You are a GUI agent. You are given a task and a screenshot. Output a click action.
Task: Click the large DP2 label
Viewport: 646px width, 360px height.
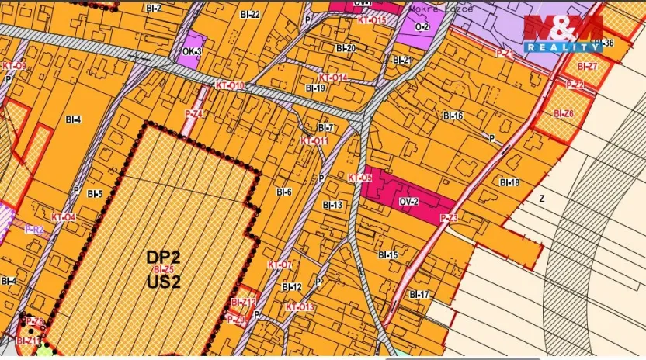pos(162,256)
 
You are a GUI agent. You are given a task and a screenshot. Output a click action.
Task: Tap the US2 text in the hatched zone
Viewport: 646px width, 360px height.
pos(163,282)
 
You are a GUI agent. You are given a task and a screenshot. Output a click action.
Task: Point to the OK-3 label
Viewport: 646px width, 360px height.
pos(192,52)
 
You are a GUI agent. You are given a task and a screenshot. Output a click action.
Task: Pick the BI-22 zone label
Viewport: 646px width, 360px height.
pos(250,14)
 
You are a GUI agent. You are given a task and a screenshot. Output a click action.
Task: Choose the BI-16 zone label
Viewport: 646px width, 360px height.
pos(453,116)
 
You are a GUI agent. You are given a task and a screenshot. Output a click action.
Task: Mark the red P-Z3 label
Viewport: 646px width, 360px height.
pos(448,218)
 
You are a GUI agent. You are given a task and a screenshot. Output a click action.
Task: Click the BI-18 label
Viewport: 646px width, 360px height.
pos(509,182)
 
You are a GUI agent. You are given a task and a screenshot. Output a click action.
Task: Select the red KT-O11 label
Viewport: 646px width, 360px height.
pos(314,141)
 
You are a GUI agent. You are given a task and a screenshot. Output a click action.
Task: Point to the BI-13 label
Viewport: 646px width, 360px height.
pos(332,205)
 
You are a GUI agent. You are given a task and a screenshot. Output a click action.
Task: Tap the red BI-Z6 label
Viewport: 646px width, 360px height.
pos(564,113)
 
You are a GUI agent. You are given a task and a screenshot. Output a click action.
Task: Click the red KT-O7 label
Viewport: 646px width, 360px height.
pos(280,265)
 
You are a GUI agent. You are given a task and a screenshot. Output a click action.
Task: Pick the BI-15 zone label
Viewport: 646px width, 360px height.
pos(387,255)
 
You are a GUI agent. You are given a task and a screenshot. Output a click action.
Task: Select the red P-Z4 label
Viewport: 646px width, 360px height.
pos(193,114)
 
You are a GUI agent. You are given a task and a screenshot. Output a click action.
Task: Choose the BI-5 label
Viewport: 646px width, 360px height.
pos(95,193)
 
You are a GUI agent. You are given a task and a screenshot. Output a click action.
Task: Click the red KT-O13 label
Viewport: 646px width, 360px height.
pos(300,307)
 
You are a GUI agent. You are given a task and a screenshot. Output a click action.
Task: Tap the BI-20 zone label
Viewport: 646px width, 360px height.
pos(346,48)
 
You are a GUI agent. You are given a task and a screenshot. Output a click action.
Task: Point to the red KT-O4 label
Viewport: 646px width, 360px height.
pos(64,217)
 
